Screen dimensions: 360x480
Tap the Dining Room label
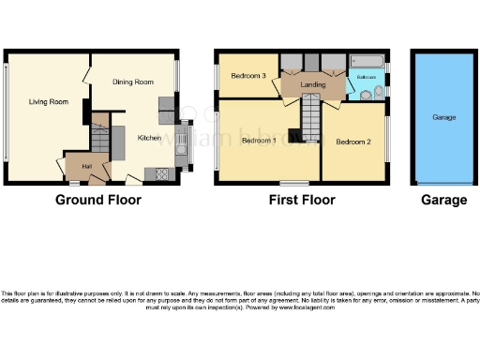(x=132, y=82)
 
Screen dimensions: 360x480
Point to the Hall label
(x=86, y=166)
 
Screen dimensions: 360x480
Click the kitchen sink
(x=181, y=143)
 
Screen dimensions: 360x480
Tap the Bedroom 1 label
(x=258, y=141)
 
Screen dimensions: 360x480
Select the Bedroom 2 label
(x=352, y=141)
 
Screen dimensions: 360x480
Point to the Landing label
(x=313, y=85)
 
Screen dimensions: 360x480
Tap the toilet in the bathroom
(x=376, y=92)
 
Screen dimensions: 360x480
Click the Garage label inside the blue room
(x=443, y=118)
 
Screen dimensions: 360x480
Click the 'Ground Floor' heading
(x=98, y=200)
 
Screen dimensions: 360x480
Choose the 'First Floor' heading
(x=301, y=200)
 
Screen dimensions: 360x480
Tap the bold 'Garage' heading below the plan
(x=443, y=200)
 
